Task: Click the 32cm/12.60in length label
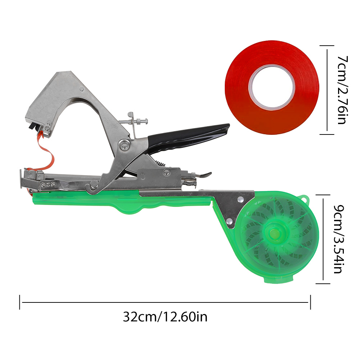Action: pyautogui.click(x=165, y=317)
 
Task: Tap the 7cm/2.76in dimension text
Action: pyautogui.click(x=342, y=90)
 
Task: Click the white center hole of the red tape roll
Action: pyautogui.click(x=272, y=87)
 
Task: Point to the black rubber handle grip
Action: pyautogui.click(x=188, y=136)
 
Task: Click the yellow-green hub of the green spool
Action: pyautogui.click(x=275, y=234)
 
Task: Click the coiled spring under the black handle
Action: pyautogui.click(x=161, y=163)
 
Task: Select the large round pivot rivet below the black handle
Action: pyautogui.click(x=124, y=145)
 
